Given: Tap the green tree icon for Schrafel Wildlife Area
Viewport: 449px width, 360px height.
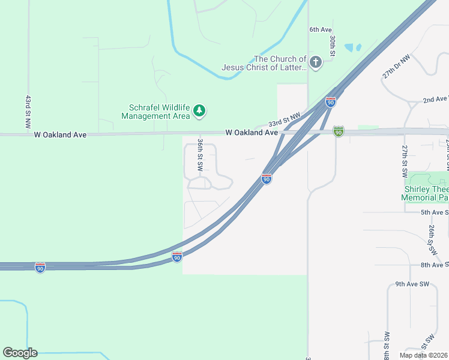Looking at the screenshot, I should (199, 110).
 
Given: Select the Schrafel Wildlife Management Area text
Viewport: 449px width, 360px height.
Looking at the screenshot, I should (159, 112).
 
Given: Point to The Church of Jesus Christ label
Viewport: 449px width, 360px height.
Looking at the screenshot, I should (264, 63).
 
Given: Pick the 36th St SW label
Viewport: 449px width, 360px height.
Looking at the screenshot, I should (200, 153).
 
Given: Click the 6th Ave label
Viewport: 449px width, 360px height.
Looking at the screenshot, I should (321, 29).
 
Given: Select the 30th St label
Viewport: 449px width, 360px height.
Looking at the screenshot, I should (332, 44).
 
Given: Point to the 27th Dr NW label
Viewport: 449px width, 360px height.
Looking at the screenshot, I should (396, 66).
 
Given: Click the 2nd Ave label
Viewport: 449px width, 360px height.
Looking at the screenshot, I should (435, 99).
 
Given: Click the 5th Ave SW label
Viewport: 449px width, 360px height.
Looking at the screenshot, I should (434, 212).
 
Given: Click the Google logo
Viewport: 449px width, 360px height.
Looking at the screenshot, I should (20, 353).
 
